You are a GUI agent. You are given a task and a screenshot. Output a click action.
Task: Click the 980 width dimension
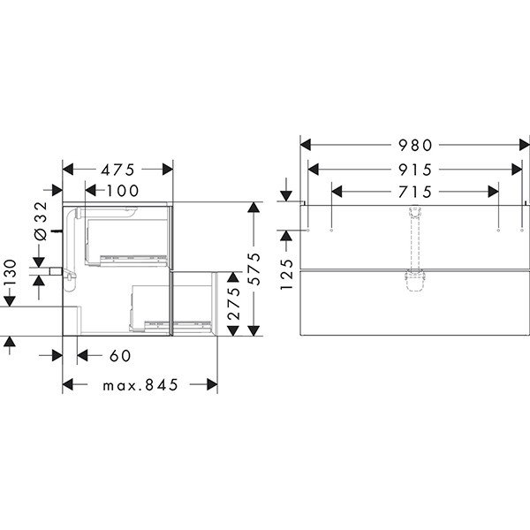[x=415, y=146]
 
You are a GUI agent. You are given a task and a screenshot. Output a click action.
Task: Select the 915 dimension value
[x=415, y=170]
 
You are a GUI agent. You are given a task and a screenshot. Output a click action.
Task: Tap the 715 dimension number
[x=415, y=192]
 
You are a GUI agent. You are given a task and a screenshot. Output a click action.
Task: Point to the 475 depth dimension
[x=117, y=170]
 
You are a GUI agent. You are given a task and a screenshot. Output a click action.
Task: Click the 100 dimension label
[x=123, y=191]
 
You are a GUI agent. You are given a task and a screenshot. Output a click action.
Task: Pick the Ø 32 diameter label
[x=41, y=221]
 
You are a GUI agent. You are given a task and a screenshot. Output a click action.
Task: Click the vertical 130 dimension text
[x=10, y=272]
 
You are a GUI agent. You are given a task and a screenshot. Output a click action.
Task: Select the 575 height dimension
[x=254, y=269]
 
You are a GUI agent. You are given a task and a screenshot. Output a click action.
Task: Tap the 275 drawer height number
[x=233, y=304]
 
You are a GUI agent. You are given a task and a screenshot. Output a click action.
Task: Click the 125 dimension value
[x=286, y=274]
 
